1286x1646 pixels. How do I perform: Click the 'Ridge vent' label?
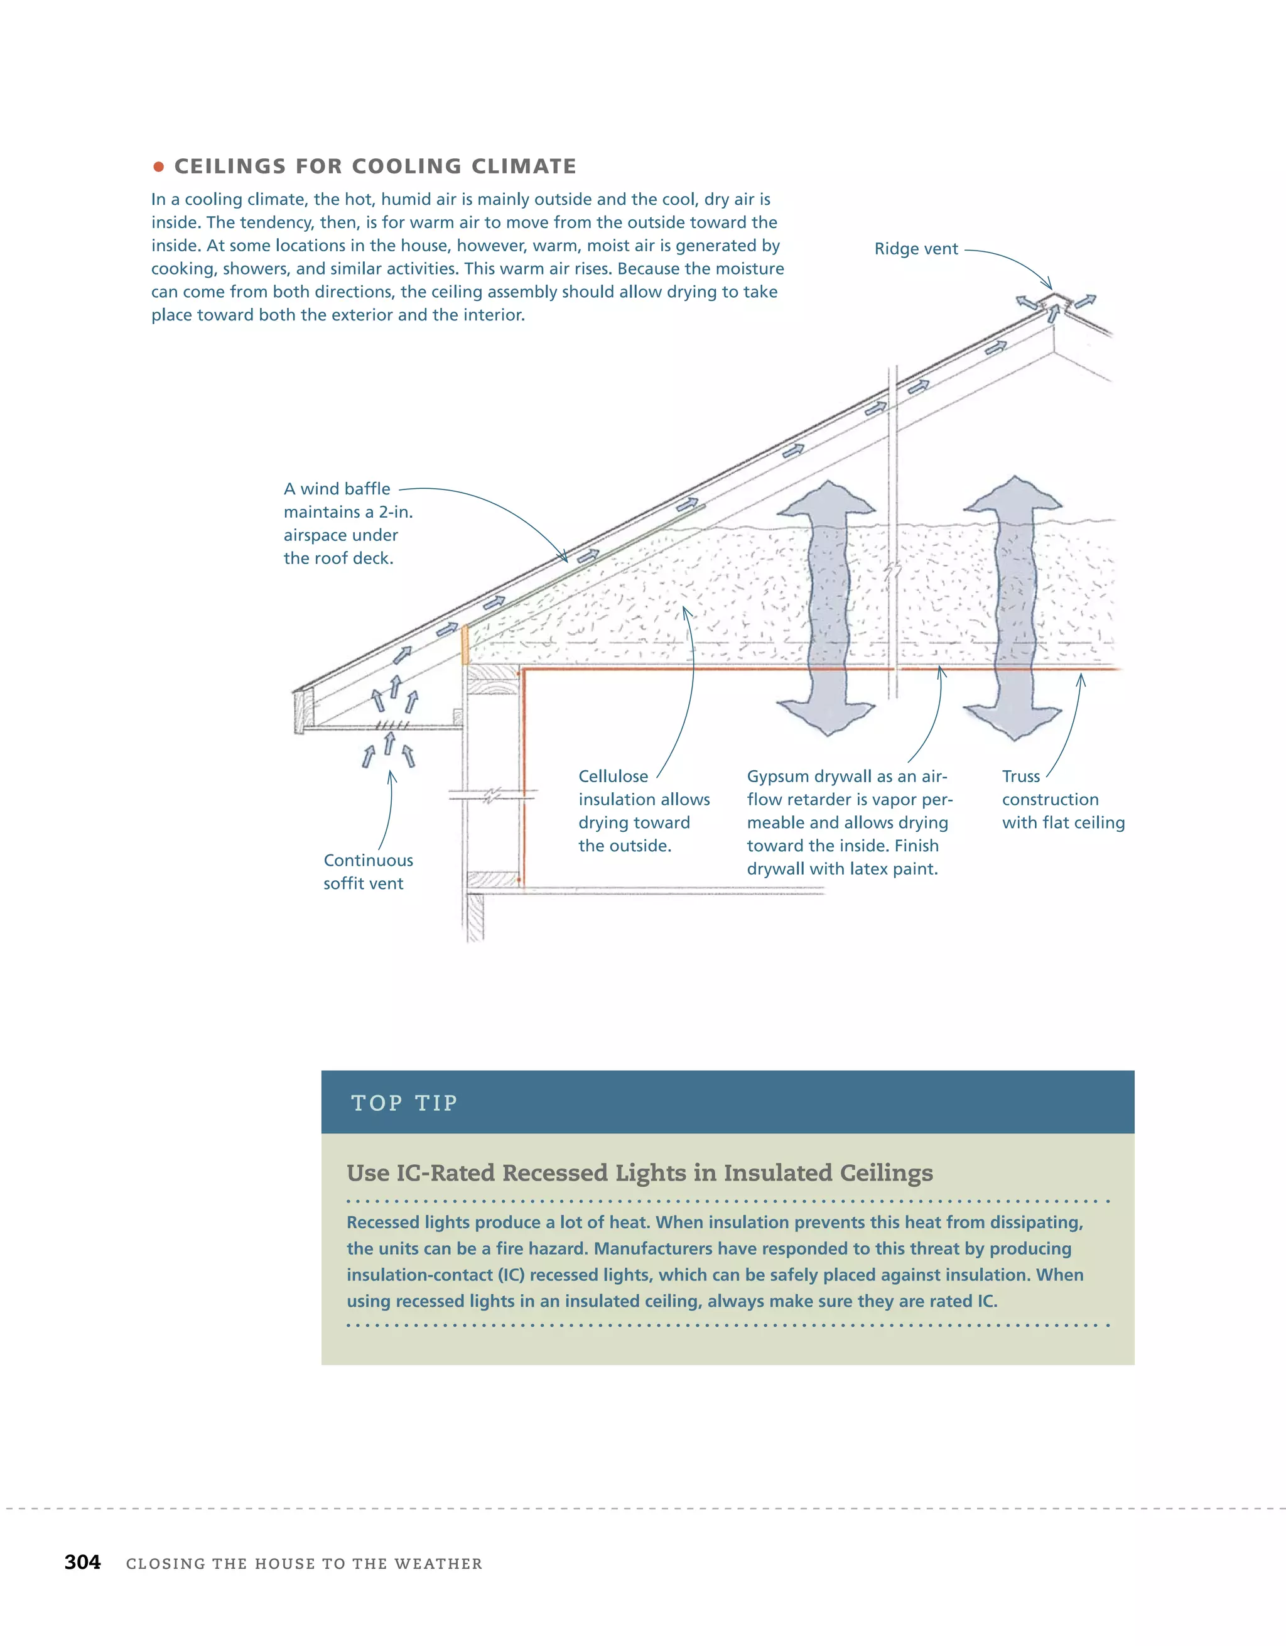[x=916, y=249]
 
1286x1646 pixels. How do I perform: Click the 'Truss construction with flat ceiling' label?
[x=1062, y=800]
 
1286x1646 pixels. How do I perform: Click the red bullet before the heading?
[x=158, y=166]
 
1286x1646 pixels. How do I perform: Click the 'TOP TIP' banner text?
[x=404, y=1103]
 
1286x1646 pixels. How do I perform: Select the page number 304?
[x=83, y=1562]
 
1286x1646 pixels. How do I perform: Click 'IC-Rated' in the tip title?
[x=446, y=1174]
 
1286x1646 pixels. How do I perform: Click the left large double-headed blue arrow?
[x=827, y=608]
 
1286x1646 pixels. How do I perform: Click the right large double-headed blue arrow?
[x=1014, y=608]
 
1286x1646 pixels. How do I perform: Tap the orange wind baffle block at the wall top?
[x=465, y=645]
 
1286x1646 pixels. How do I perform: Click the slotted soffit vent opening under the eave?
[x=392, y=726]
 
